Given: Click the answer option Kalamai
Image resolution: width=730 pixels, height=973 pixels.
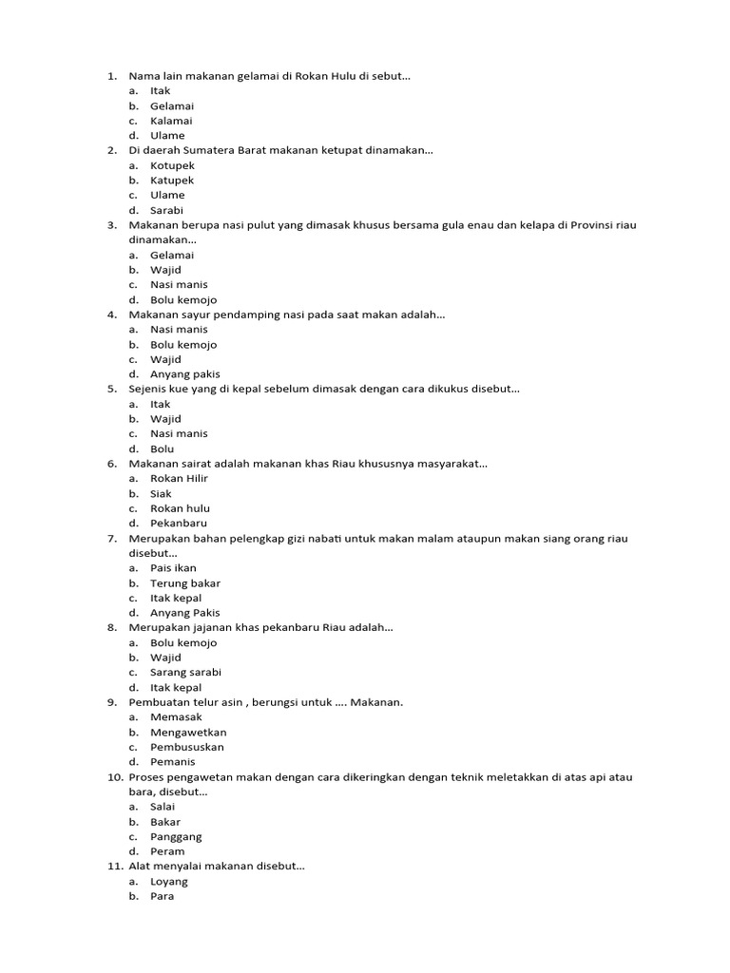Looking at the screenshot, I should tap(171, 121).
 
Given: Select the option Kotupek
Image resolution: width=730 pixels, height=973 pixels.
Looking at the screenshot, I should tap(172, 165).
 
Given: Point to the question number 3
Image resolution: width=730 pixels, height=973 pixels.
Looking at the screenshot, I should tap(111, 225).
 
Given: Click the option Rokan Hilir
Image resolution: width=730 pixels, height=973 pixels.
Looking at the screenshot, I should tap(179, 478).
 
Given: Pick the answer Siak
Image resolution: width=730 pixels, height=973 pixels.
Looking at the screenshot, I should tap(161, 493).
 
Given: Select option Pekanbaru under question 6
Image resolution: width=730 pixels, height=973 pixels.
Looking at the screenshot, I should tap(179, 523).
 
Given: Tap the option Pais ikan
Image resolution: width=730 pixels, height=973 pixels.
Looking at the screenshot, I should tap(173, 568).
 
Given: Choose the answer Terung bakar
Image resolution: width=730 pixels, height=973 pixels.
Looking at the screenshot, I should tap(184, 583).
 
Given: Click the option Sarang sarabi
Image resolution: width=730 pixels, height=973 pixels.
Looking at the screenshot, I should tap(185, 672).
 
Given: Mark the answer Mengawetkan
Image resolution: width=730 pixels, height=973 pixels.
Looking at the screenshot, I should tap(188, 732).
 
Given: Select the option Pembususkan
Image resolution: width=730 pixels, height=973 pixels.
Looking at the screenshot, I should tap(187, 747).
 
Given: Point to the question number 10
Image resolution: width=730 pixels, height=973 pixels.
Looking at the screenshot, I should tap(113, 777).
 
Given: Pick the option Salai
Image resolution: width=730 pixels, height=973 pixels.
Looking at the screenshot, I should tap(163, 807).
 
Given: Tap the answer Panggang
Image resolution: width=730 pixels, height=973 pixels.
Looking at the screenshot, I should tap(176, 837).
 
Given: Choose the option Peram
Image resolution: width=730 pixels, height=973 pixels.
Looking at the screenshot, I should tap(167, 851).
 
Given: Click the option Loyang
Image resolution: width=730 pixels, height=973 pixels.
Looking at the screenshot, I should tap(169, 882).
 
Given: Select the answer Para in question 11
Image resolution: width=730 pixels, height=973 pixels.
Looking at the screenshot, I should tap(162, 896).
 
